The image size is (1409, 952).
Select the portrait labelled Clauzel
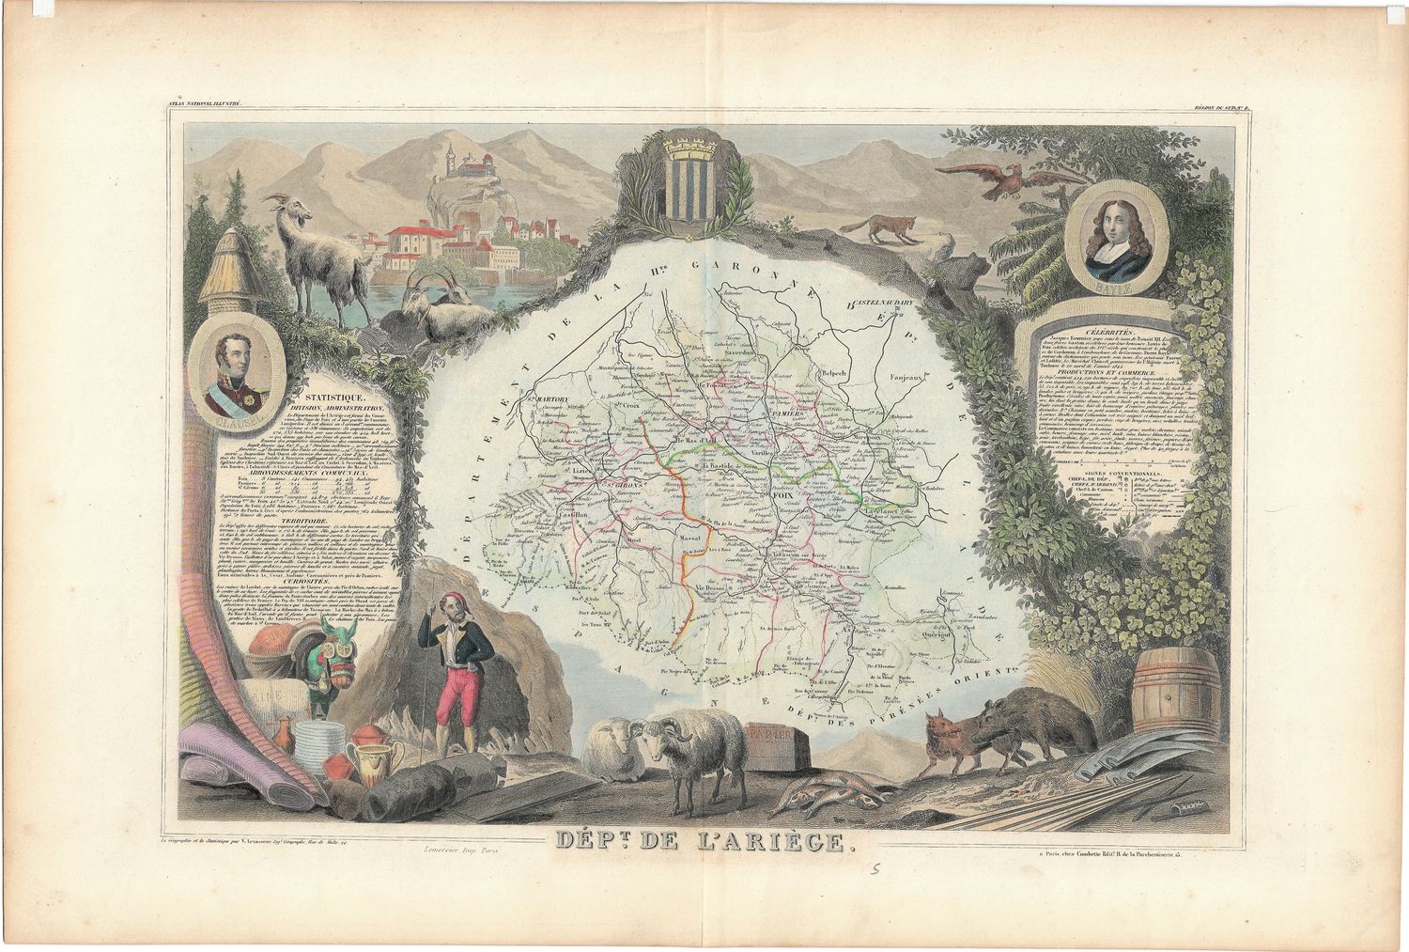coord(235,373)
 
